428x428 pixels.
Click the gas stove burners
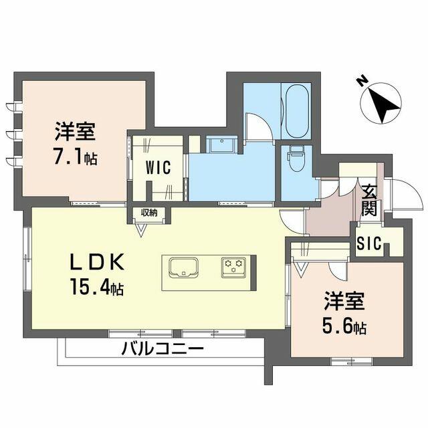point(235,266)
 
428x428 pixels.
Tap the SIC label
point(368,245)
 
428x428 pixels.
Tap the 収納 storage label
point(148,213)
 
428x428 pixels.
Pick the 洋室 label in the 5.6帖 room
point(344,301)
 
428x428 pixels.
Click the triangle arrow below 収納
point(141,229)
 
